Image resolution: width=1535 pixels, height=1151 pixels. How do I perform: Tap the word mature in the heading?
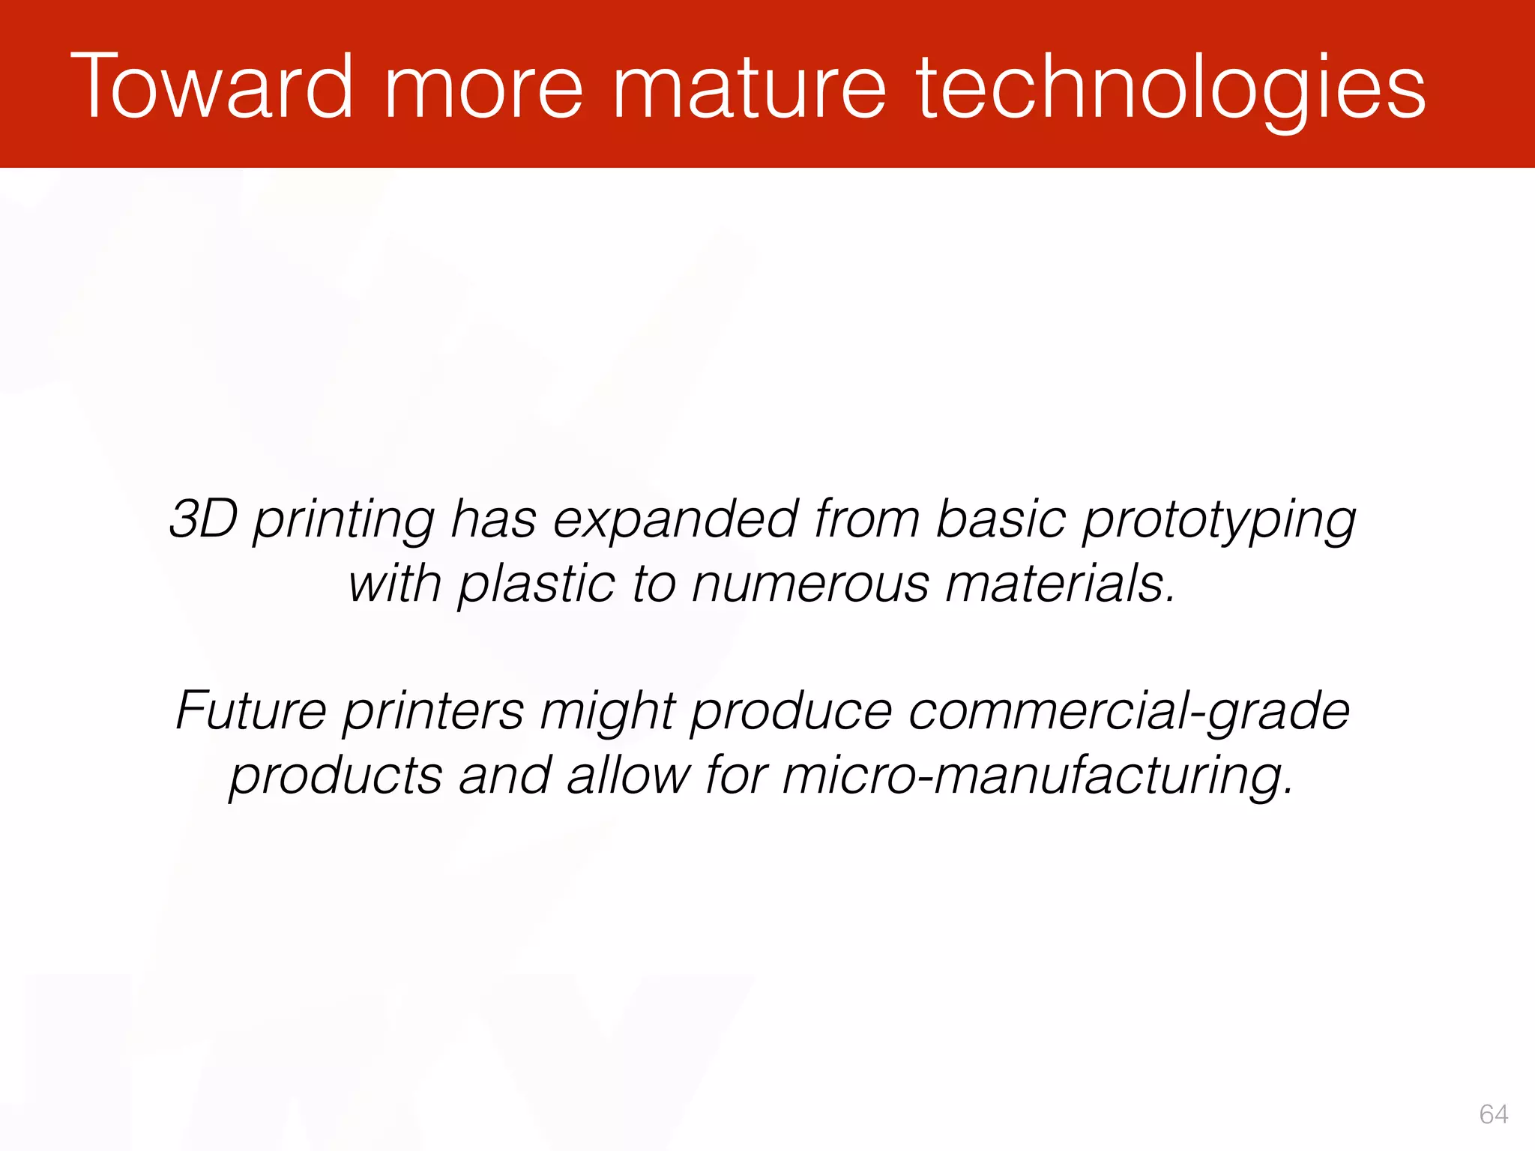pos(750,86)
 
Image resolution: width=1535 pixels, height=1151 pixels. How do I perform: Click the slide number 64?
pos(1493,1114)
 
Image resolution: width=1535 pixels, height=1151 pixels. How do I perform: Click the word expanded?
pos(675,519)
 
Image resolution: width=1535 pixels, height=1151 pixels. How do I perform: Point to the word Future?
pos(251,710)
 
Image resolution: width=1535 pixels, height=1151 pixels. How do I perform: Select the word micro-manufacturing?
pos(1038,776)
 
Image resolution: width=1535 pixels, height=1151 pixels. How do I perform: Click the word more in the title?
pos(483,86)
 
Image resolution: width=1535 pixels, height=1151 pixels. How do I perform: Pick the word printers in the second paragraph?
pos(434,711)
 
